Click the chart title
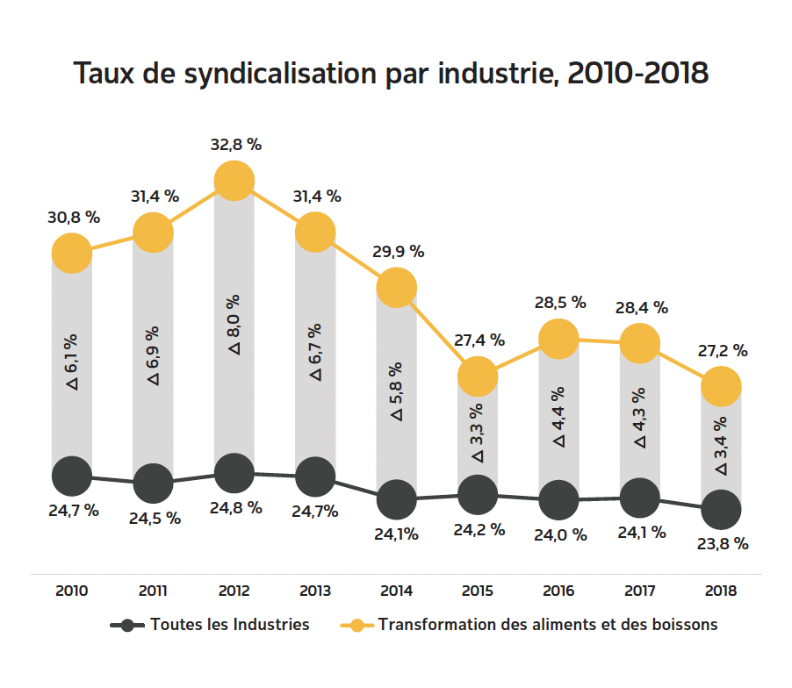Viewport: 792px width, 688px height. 391,73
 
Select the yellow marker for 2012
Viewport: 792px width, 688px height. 234,181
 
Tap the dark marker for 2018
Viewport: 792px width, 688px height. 722,509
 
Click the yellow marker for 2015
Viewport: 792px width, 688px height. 478,376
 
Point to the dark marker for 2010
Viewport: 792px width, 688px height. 72,477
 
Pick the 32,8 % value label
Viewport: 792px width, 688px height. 235,145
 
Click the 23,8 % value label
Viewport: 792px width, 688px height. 723,543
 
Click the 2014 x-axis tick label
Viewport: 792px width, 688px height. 397,591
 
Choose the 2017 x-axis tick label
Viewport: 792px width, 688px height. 640,591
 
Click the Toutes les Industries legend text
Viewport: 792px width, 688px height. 230,625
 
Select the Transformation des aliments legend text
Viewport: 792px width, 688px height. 548,625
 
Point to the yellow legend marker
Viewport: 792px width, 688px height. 357,626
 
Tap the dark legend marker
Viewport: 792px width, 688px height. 128,626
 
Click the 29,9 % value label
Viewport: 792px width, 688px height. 398,251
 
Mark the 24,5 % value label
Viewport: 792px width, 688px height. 155,518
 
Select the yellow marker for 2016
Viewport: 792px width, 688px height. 558,339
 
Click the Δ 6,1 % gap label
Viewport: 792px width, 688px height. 72,361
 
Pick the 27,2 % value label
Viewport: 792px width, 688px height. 722,350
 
